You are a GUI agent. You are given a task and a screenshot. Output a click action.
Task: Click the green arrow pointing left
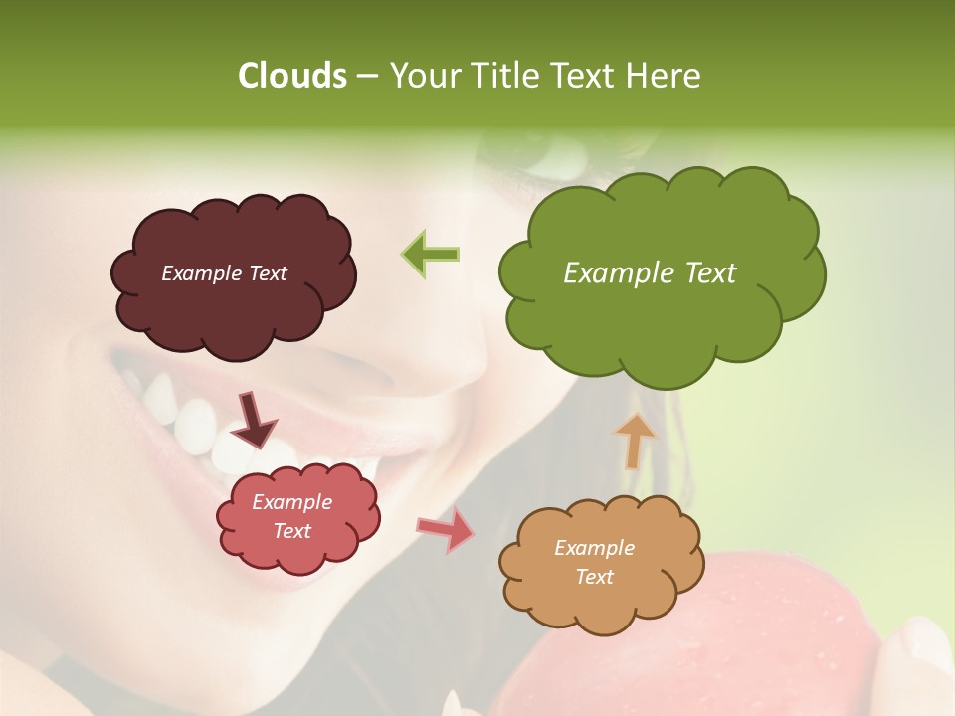[431, 255]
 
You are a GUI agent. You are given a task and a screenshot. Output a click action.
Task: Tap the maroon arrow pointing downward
[253, 420]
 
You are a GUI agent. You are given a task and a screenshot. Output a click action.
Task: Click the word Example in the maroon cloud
[200, 273]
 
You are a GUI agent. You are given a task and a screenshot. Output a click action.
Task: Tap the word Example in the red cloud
[291, 502]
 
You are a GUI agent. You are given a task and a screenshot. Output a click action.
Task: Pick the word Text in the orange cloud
[594, 577]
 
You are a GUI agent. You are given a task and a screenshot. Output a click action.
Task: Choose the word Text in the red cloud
[291, 531]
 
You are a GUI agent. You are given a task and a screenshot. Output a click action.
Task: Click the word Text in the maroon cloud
[266, 273]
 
